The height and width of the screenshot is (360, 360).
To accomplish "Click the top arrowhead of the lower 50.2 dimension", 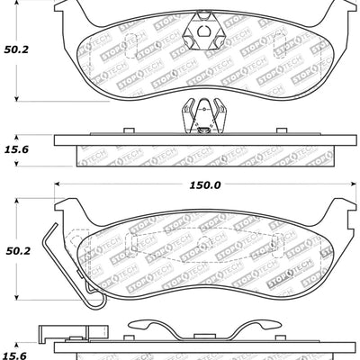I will click(x=20, y=201).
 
